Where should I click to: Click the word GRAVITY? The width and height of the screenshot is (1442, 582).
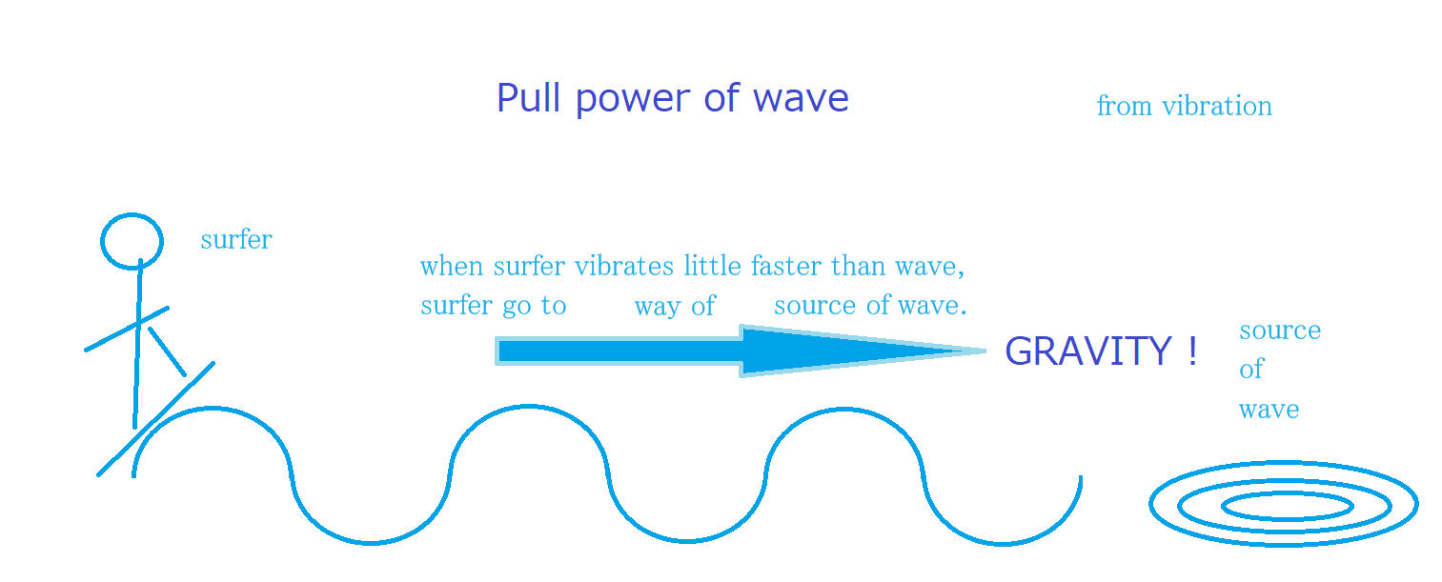pos(1088,351)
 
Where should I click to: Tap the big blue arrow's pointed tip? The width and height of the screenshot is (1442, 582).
pos(985,351)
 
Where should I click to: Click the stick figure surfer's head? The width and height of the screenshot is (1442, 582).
pos(132,241)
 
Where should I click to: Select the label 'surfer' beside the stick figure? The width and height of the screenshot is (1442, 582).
pos(236,240)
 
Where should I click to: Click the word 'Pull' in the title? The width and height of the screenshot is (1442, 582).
pos(529,98)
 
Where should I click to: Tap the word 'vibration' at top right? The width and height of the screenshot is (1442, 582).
pos(1217,106)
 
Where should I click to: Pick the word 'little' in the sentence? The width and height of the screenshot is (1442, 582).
pos(712,266)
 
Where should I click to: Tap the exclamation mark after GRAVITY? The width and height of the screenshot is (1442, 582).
pos(1193,351)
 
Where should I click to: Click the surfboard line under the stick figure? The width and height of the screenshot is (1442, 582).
pos(155,419)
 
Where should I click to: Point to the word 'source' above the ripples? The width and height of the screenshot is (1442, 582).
pos(1280,331)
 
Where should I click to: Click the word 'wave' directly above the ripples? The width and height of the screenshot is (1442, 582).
pos(1269,410)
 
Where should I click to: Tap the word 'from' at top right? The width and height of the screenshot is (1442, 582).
pos(1124,106)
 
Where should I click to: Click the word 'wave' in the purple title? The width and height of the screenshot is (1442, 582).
pos(801,100)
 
